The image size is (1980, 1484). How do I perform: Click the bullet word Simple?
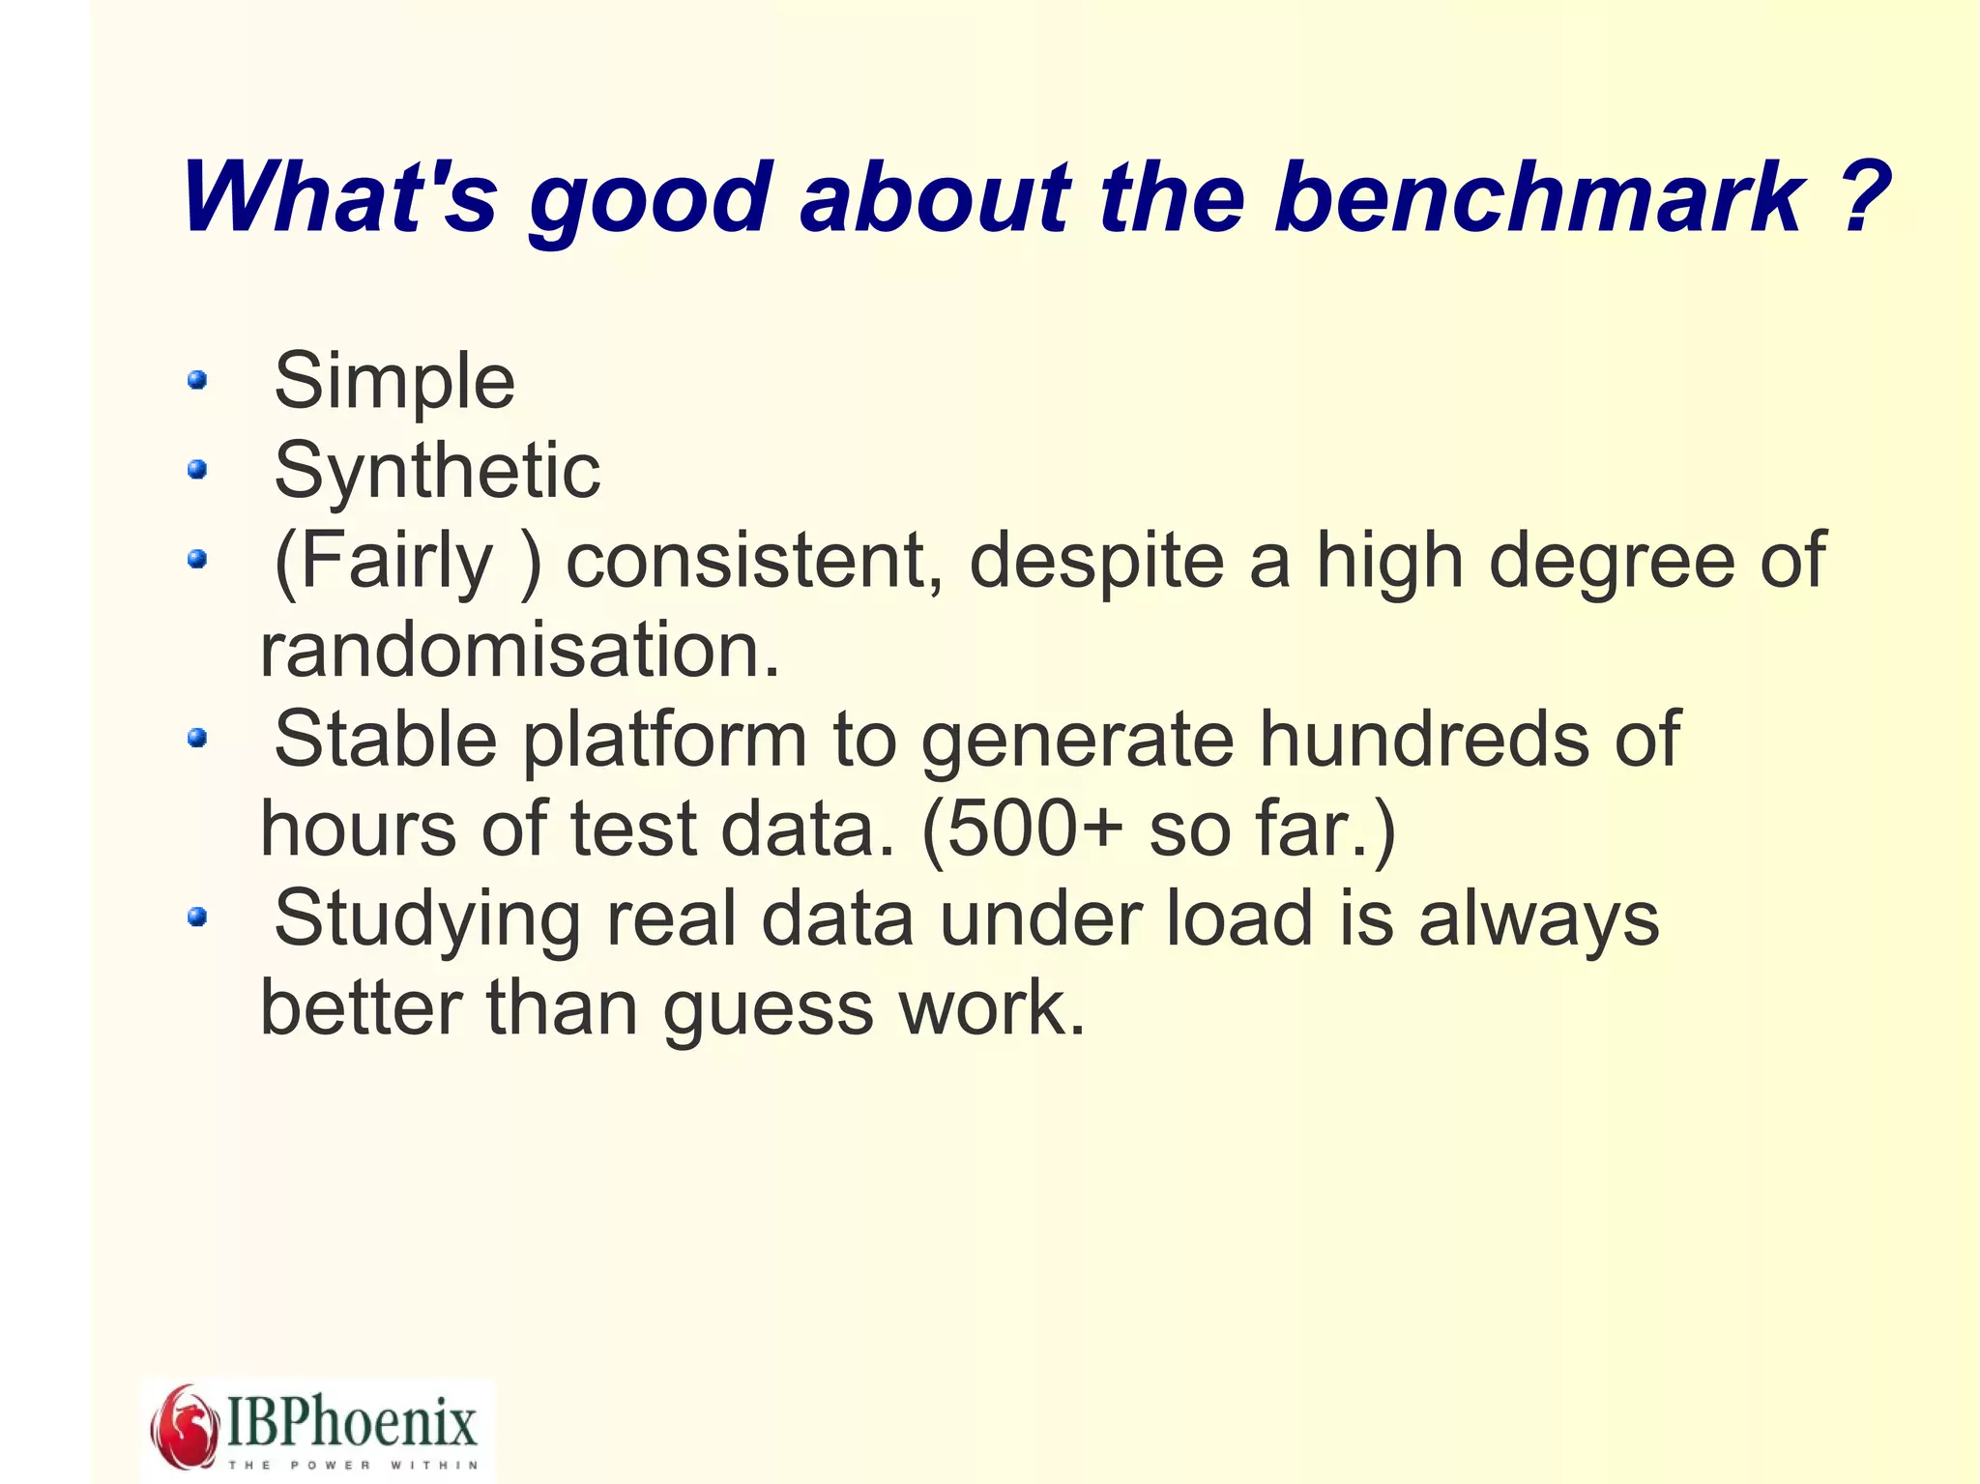[394, 382]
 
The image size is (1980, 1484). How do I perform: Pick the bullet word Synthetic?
[437, 471]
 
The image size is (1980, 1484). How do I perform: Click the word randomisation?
[519, 650]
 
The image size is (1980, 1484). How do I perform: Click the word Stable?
[385, 740]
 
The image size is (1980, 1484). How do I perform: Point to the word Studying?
[426, 918]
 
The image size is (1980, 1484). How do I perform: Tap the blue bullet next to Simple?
[197, 380]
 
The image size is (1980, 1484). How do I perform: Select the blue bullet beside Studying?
[197, 917]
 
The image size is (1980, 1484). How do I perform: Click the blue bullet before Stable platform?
[197, 739]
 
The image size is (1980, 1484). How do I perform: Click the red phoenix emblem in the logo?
[184, 1426]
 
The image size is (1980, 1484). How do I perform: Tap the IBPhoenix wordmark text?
[352, 1421]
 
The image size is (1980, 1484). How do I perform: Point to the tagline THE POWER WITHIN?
[352, 1465]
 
